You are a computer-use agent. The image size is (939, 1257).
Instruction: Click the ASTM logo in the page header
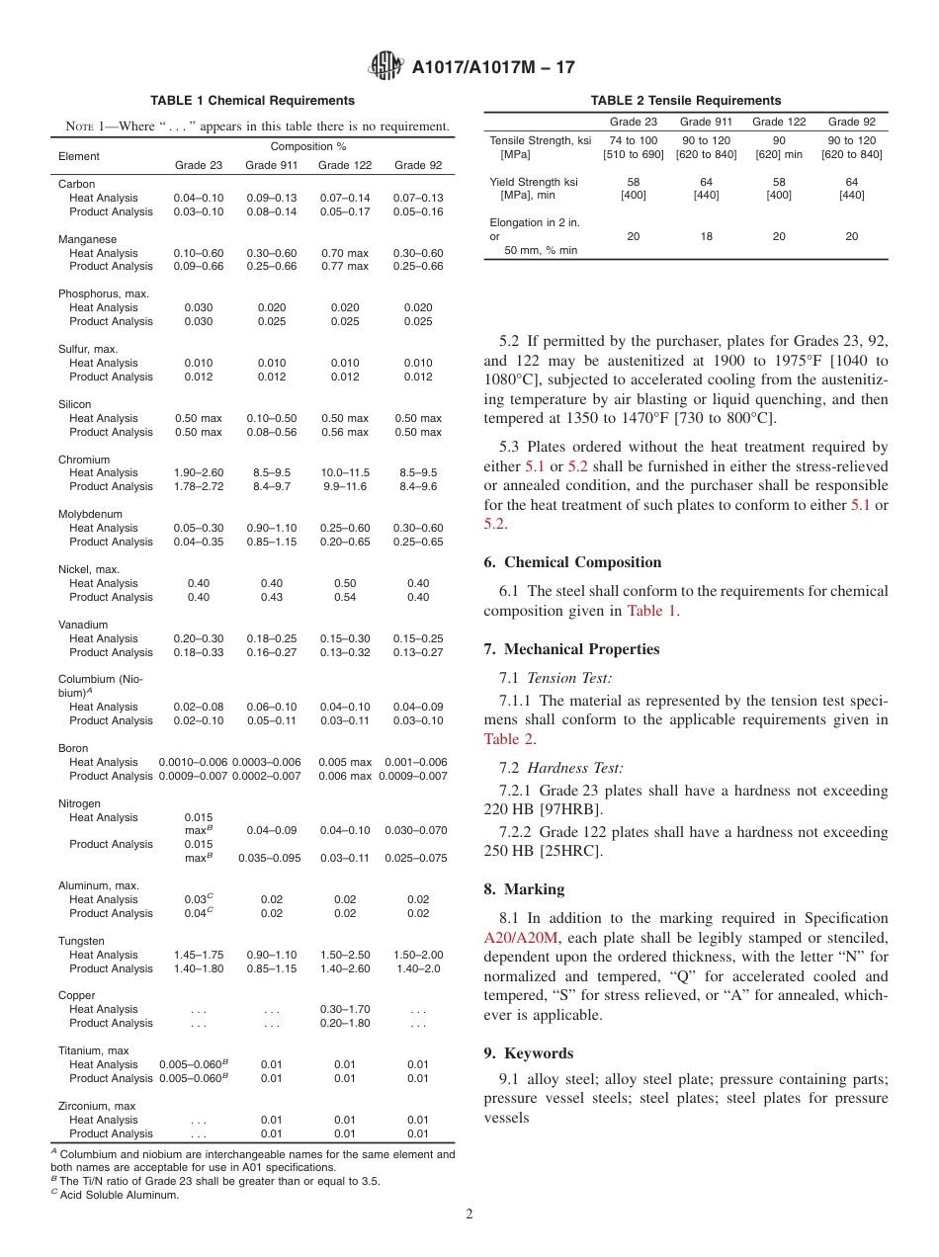(x=385, y=66)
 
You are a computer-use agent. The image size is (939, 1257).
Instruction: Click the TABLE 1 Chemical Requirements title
(x=252, y=101)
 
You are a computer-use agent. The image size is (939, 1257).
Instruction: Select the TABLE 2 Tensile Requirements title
(x=685, y=101)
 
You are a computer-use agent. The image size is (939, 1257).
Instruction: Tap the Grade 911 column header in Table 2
(x=707, y=122)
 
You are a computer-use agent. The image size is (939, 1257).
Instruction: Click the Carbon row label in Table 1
(x=77, y=184)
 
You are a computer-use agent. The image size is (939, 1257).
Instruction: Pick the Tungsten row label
(x=81, y=941)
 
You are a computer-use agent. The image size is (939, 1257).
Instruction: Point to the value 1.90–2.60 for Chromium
(x=198, y=473)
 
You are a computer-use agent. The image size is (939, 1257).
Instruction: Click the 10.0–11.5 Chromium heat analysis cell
(x=344, y=473)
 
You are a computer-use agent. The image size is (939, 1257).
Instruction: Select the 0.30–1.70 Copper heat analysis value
(x=344, y=1009)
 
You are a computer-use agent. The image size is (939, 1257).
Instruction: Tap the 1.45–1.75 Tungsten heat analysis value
(x=198, y=955)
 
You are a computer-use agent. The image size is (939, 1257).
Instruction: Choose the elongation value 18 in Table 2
(x=707, y=237)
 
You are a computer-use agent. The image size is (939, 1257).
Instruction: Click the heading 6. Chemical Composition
(x=572, y=562)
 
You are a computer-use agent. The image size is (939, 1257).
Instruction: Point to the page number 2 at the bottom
(x=469, y=1215)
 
